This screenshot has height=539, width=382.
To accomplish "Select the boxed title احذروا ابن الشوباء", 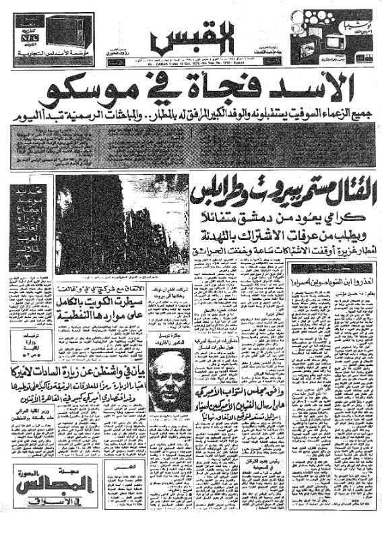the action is pyautogui.click(x=332, y=274).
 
